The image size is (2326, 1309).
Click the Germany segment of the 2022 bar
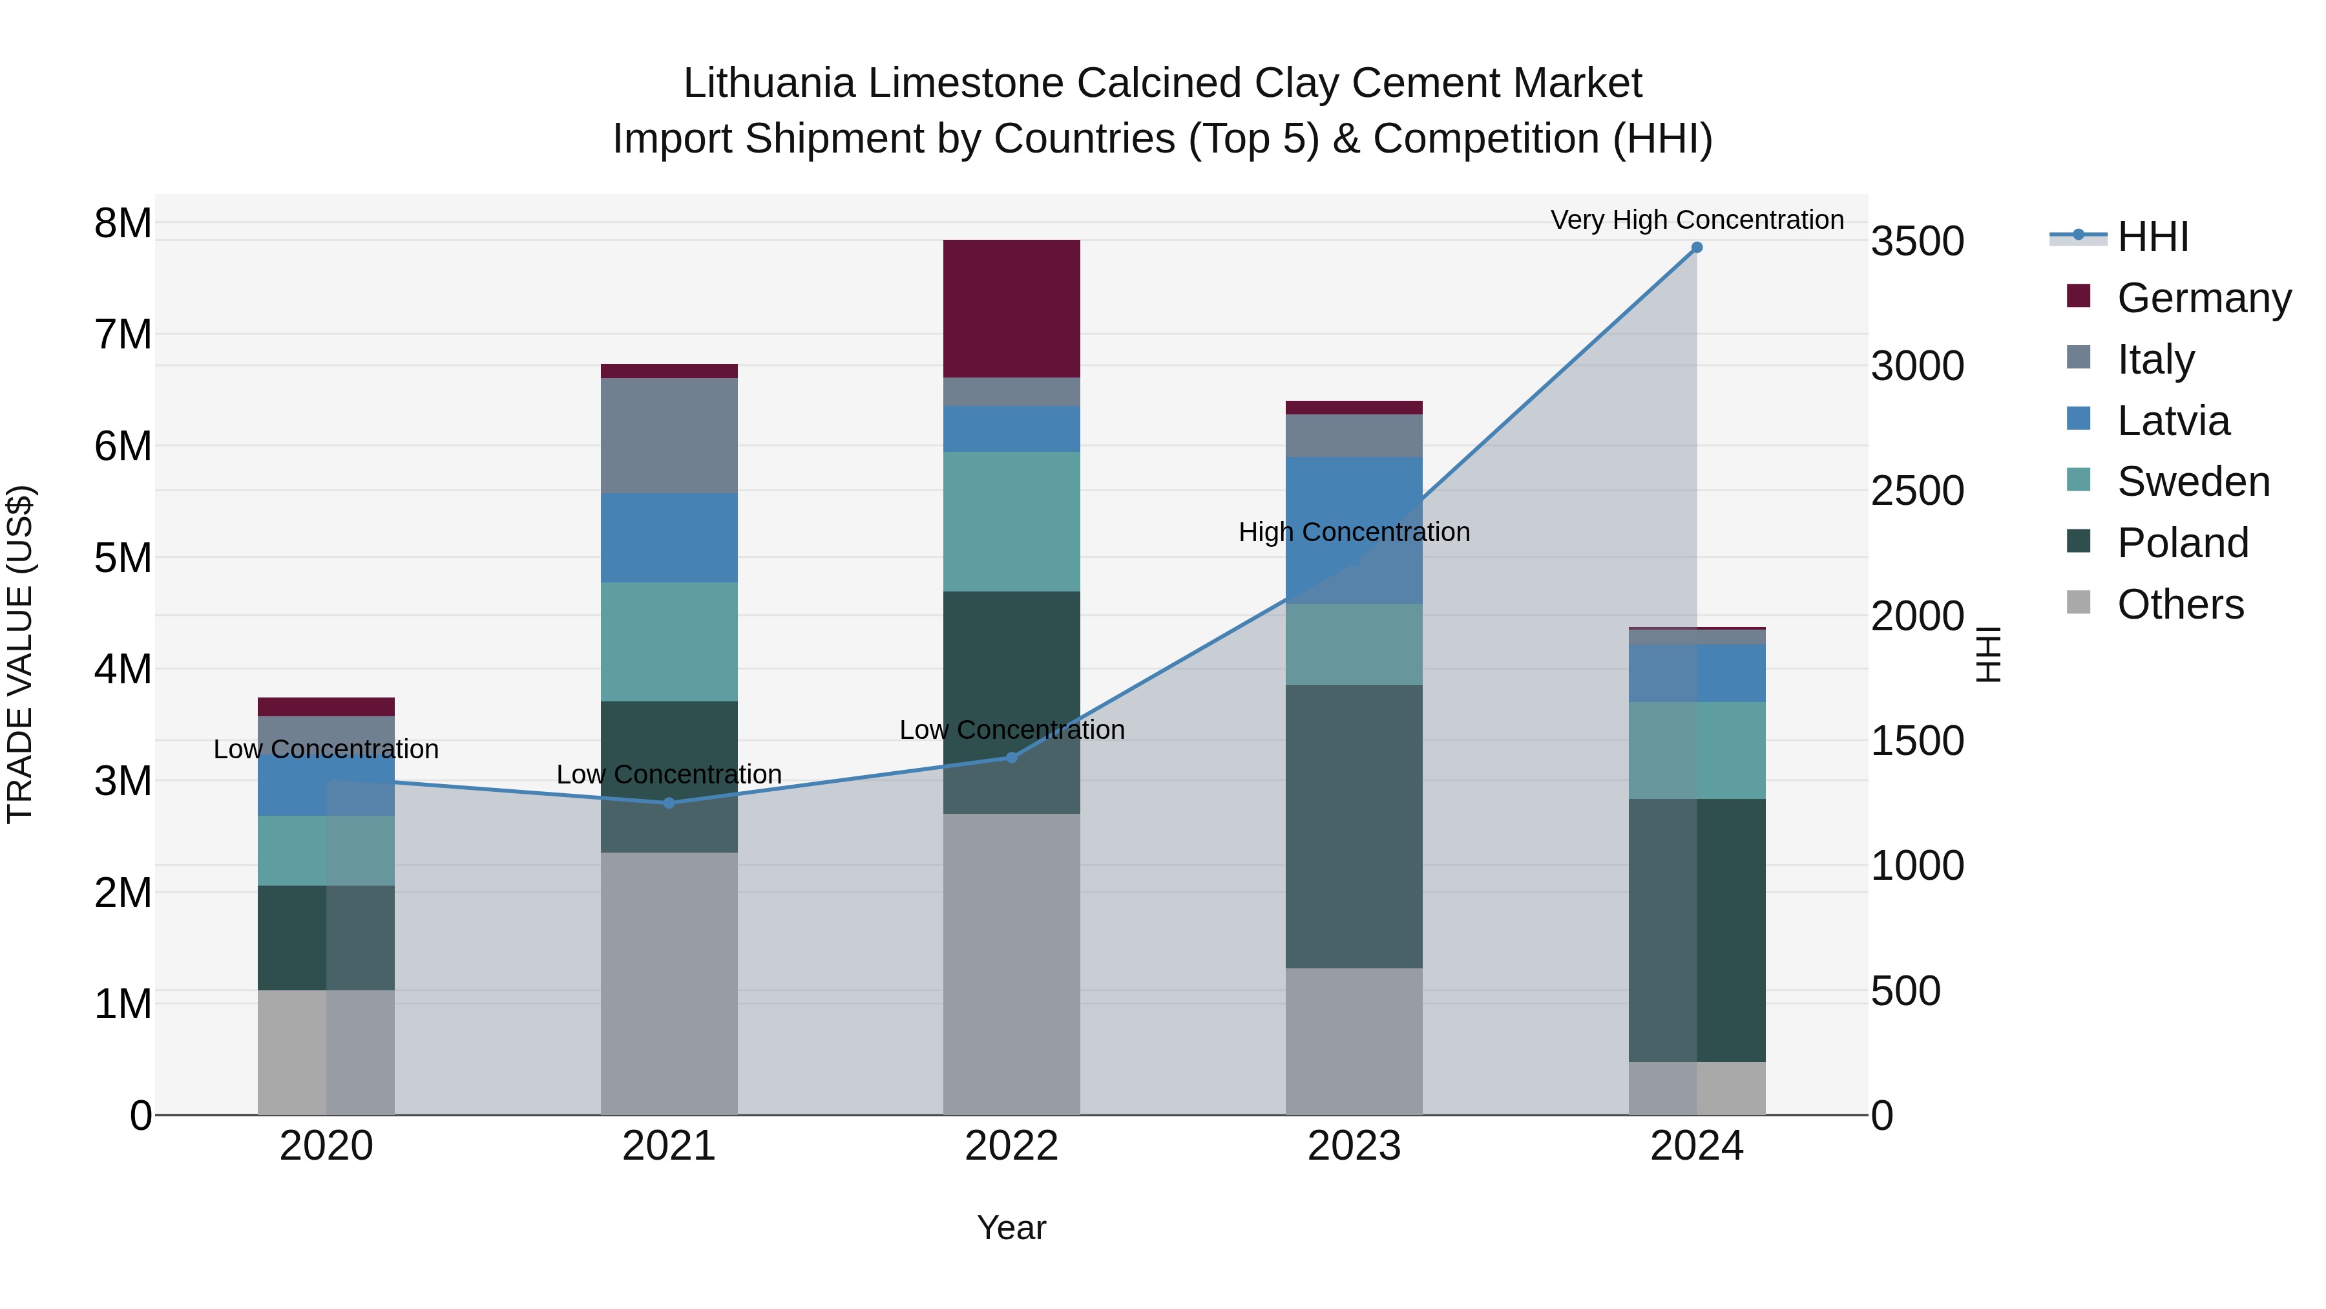(x=1011, y=308)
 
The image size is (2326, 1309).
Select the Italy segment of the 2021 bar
(x=669, y=436)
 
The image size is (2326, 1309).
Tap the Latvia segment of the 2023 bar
(x=1354, y=530)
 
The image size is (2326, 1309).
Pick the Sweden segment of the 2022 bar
(x=1011, y=521)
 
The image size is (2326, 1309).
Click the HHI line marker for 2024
(x=1697, y=248)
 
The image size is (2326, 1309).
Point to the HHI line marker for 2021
(x=669, y=803)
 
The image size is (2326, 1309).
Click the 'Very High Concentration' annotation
(x=1697, y=220)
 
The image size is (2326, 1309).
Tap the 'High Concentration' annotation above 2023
(x=1354, y=532)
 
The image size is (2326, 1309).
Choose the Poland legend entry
(x=2183, y=543)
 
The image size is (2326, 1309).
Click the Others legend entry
(x=2180, y=604)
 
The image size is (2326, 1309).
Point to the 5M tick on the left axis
(x=123, y=557)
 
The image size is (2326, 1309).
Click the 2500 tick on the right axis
(x=1917, y=491)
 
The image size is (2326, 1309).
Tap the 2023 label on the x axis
(x=1354, y=1146)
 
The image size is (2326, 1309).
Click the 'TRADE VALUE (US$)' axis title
(x=20, y=654)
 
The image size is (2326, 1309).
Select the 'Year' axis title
(x=1011, y=1228)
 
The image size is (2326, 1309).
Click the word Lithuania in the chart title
(x=768, y=83)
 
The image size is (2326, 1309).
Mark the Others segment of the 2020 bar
(x=326, y=1052)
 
